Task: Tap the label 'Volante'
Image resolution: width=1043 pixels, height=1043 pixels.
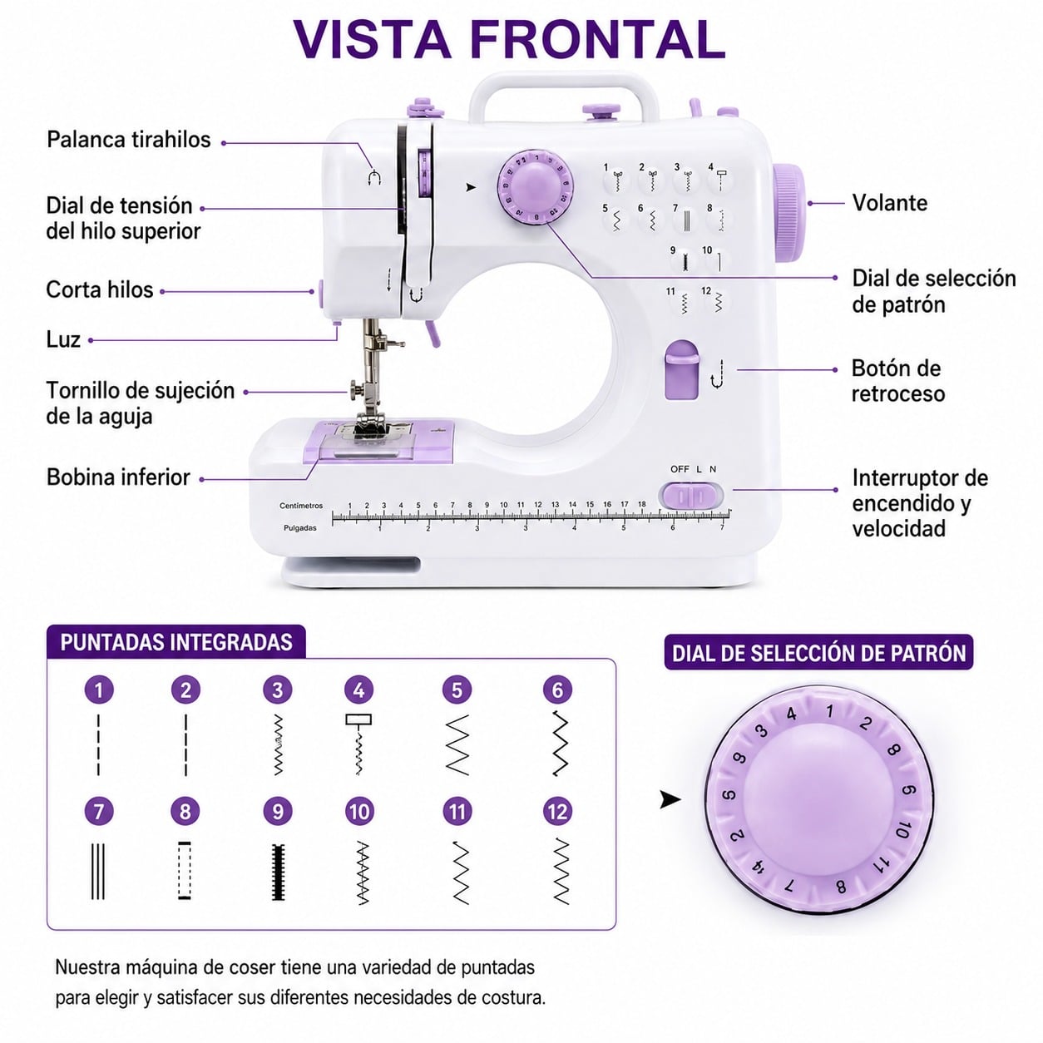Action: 889,203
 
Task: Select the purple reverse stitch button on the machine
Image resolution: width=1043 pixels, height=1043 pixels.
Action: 681,370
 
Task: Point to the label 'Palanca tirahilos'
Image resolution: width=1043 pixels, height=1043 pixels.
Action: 129,140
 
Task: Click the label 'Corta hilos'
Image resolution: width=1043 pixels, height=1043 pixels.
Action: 100,289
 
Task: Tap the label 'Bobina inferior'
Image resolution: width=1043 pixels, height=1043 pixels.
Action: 119,477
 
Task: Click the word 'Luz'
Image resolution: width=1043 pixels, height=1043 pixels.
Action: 63,340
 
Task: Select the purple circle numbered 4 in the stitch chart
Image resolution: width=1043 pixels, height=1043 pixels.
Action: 358,690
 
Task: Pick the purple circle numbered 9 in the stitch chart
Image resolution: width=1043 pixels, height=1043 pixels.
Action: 278,812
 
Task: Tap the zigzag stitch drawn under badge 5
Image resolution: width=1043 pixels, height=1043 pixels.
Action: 457,745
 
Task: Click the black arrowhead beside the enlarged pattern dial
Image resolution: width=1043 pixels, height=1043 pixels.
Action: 670,799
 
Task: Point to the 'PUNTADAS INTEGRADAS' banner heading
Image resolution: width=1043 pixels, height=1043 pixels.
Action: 176,642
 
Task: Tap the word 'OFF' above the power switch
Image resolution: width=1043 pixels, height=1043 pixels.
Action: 680,469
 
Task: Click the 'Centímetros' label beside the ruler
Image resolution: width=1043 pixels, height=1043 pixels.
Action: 301,506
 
